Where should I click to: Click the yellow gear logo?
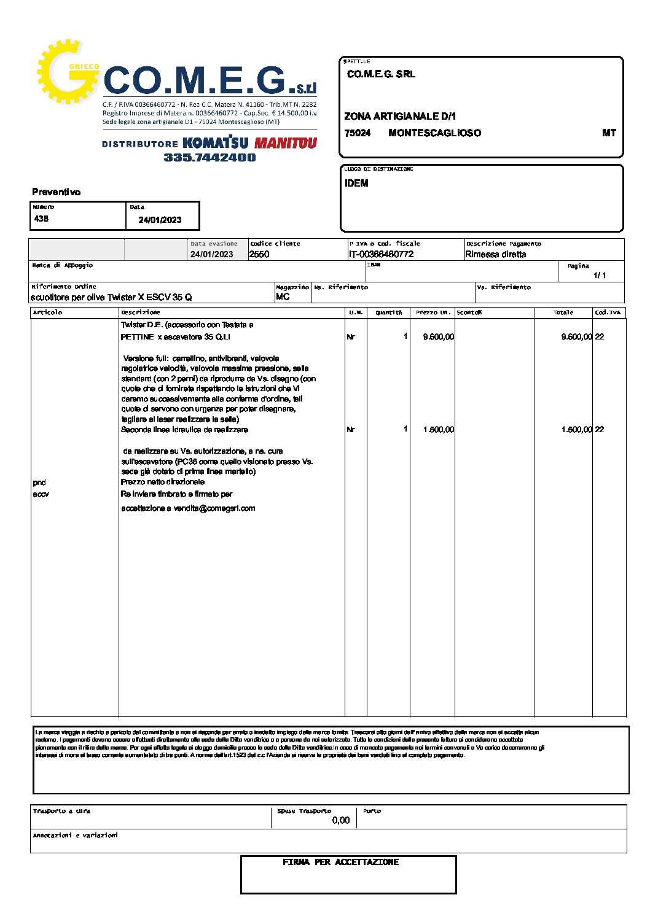[x=66, y=72]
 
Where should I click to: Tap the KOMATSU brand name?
[x=215, y=143]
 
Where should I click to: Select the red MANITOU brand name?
[x=286, y=143]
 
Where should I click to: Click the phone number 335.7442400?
[x=209, y=158]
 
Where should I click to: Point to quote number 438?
[x=41, y=219]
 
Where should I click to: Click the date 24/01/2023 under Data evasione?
[x=211, y=254]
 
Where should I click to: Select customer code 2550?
[x=259, y=254]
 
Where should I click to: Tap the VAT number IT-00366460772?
[x=381, y=254]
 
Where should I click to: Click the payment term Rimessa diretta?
[x=495, y=254]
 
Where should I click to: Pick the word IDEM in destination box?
[x=356, y=183]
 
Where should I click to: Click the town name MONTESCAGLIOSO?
[x=434, y=133]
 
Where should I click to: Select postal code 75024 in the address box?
[x=358, y=133]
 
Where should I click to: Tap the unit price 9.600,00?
[x=438, y=337]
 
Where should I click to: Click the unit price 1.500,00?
[x=438, y=430]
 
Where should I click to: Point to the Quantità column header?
[x=388, y=312]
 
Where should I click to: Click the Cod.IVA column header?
[x=608, y=312]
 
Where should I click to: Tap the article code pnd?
[x=39, y=483]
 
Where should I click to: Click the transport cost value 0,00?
[x=340, y=820]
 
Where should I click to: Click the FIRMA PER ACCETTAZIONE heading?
[x=340, y=863]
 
